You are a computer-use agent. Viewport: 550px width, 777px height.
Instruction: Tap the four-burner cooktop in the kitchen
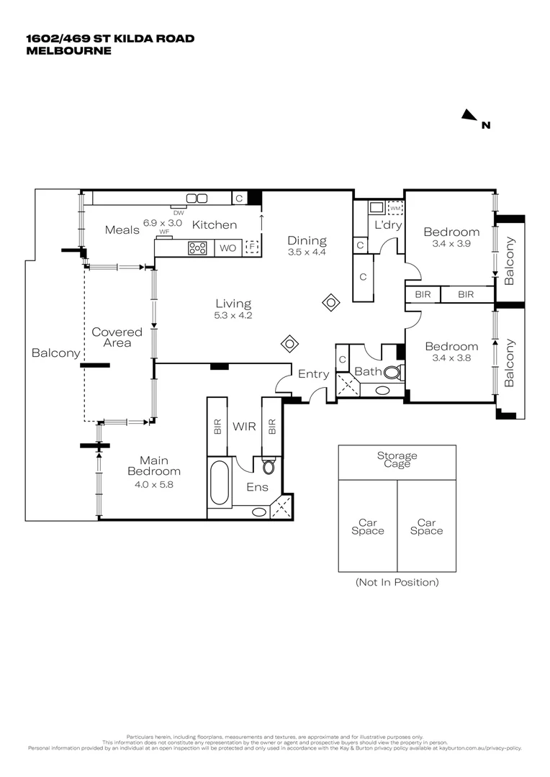197,248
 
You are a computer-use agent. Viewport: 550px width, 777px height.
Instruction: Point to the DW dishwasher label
179,212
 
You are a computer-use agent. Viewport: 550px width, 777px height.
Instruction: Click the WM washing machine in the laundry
395,209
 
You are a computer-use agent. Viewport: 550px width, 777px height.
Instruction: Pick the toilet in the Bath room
393,373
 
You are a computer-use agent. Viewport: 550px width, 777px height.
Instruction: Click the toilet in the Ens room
269,467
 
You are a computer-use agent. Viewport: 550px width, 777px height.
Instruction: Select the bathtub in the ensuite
220,483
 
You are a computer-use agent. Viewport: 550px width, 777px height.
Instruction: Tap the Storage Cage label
397,460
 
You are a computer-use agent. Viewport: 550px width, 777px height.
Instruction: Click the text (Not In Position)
397,582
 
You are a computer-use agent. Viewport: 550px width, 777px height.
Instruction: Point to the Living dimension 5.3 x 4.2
233,315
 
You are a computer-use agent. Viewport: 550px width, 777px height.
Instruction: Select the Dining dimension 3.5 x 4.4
307,253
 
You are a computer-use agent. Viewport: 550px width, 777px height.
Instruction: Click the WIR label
244,427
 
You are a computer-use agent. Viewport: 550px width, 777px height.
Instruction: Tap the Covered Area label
117,337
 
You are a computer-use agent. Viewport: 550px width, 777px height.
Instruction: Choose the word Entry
313,374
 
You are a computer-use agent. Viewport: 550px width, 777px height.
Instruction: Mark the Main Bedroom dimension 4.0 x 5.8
153,484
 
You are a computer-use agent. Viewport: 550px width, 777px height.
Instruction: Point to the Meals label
122,230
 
